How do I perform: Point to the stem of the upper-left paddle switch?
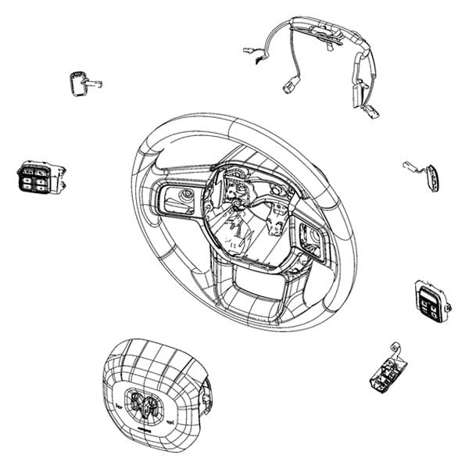(95, 81)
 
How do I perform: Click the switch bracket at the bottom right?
(385, 371)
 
